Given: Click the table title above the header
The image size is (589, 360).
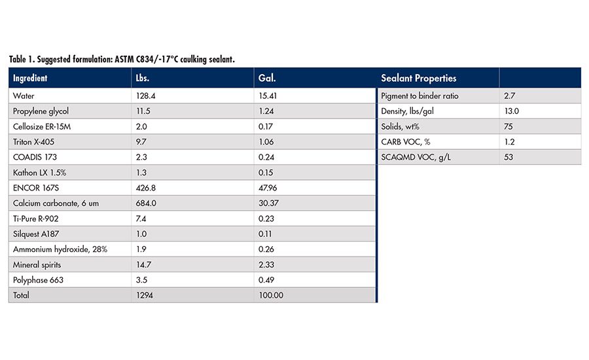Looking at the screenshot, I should [x=122, y=60].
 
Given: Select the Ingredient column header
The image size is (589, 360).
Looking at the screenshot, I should [x=29, y=79].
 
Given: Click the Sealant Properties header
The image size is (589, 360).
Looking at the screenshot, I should [x=418, y=79].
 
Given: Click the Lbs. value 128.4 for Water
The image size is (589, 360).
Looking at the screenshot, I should [x=144, y=96].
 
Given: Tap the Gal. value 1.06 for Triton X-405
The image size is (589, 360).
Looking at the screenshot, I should [x=266, y=142].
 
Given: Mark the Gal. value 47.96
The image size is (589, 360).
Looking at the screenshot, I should [x=268, y=188].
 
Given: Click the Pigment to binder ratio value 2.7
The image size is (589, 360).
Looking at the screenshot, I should [x=510, y=96].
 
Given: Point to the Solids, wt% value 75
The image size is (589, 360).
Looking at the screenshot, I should [x=509, y=126].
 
